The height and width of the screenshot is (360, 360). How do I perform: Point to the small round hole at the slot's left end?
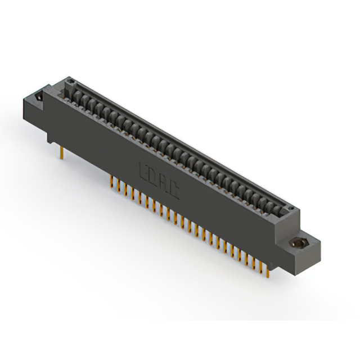71,85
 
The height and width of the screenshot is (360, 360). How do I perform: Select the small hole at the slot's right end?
291,209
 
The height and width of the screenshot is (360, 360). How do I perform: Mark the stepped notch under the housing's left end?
51,135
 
